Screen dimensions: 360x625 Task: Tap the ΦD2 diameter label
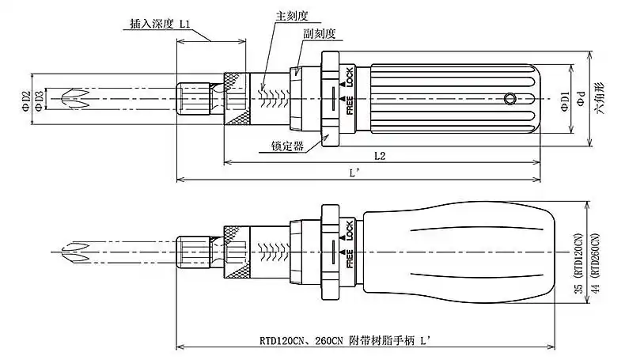pos(26,100)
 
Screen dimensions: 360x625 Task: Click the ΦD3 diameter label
pos(40,100)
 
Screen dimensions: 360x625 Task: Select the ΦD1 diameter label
pos(565,100)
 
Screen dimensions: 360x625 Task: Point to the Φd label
pos(581,100)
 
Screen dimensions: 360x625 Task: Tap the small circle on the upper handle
pos(511,99)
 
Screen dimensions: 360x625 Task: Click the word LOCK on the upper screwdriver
pos(347,77)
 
